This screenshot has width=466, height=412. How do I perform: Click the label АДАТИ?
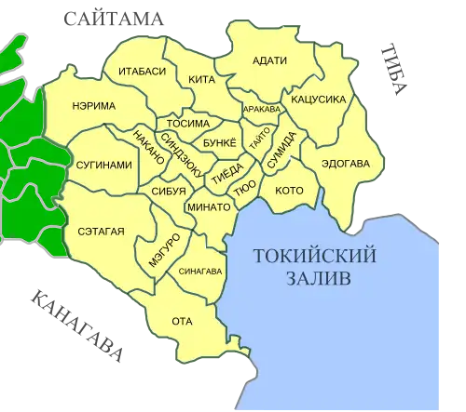[x=269, y=61]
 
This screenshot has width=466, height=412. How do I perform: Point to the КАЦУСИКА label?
[x=320, y=98]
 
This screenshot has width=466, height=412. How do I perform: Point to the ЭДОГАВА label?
[x=346, y=164]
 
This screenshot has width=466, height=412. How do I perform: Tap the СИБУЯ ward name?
[x=169, y=192]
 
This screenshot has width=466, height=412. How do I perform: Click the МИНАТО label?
[x=208, y=206]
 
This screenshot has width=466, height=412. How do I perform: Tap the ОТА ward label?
[x=182, y=322]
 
